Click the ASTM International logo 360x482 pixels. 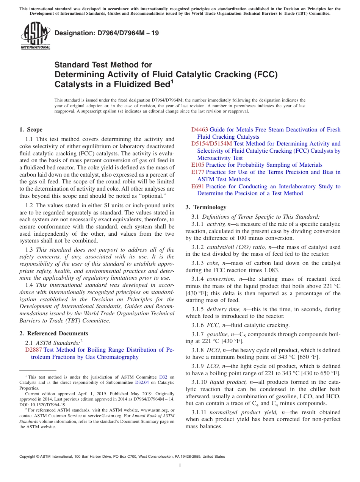pyautogui.click(x=35, y=36)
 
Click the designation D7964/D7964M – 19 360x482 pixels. pyautogui.click(x=106, y=33)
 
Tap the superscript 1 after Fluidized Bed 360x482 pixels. pyautogui.click(x=172, y=81)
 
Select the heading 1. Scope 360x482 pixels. pyautogui.click(x=31, y=130)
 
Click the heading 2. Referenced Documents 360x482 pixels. pyautogui.click(x=54, y=333)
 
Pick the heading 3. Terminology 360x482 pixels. pyautogui.click(x=206, y=207)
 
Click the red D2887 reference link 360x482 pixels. pyautogui.click(x=33, y=350)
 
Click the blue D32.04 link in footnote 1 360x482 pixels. pyautogui.click(x=142, y=383)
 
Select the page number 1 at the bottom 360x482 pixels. pyautogui.click(x=180, y=466)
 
